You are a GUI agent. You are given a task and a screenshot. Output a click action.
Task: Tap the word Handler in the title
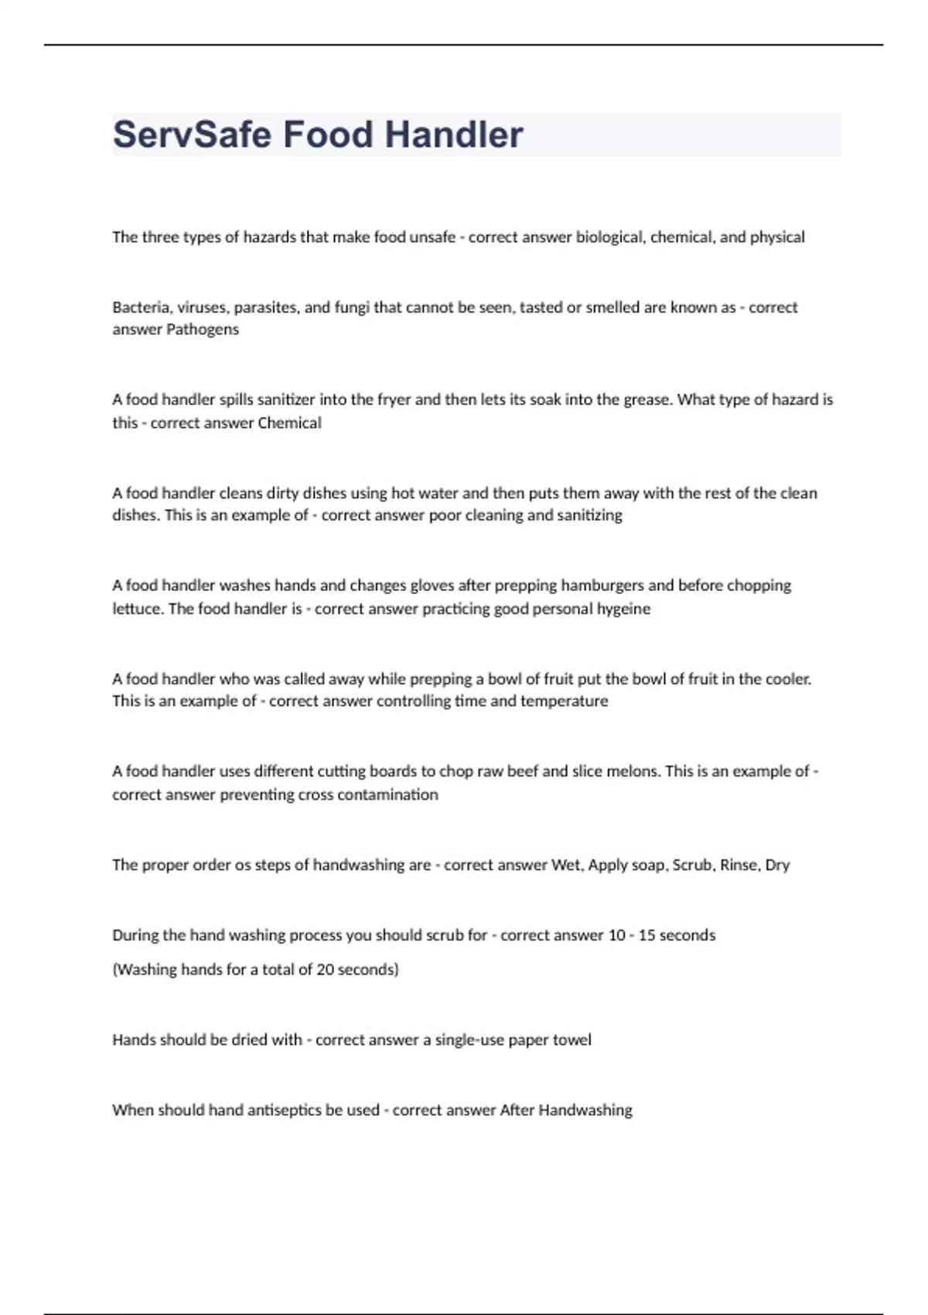coord(454,135)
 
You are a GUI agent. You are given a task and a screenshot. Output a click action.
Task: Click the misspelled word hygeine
coord(623,609)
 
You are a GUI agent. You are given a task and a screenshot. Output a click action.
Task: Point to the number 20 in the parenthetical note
coord(325,969)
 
